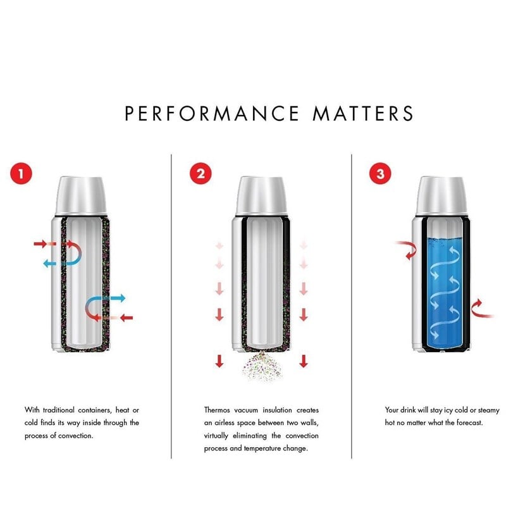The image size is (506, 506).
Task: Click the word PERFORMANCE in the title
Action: (212, 113)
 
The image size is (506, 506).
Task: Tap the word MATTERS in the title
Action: (363, 113)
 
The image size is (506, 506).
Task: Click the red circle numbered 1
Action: (22, 173)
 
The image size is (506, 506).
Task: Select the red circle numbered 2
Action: (201, 173)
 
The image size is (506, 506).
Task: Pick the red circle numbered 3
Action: (380, 173)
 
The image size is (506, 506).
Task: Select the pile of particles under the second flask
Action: (262, 367)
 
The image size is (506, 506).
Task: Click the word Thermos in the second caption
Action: (217, 410)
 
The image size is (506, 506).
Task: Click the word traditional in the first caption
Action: (58, 410)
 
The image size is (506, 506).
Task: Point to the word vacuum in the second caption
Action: (246, 410)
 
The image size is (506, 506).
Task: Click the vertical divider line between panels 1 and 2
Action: (171, 306)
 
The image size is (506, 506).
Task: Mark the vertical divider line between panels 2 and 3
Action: (352, 306)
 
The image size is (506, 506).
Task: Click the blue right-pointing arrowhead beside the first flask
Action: (121, 298)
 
